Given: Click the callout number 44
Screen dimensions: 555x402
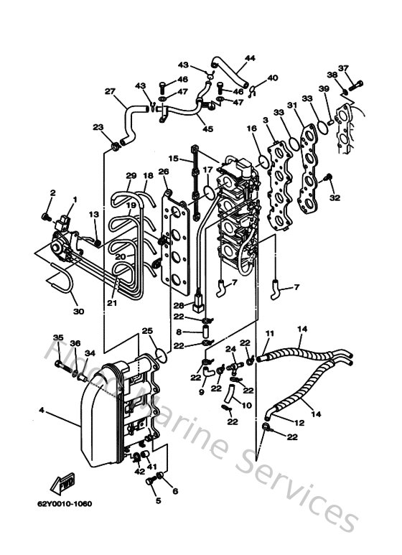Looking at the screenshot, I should (x=250, y=58).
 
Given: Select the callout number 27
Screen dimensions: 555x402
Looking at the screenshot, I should (x=110, y=91).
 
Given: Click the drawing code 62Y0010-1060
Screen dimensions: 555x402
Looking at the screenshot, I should (x=65, y=503).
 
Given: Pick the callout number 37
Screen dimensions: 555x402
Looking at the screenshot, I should (x=343, y=69).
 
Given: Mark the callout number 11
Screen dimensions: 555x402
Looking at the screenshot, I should (x=270, y=334).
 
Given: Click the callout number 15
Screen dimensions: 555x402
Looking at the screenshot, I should (x=173, y=158).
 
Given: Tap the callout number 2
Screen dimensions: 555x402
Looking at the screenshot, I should (x=52, y=192).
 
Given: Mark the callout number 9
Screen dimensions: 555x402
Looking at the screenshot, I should (x=201, y=392).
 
